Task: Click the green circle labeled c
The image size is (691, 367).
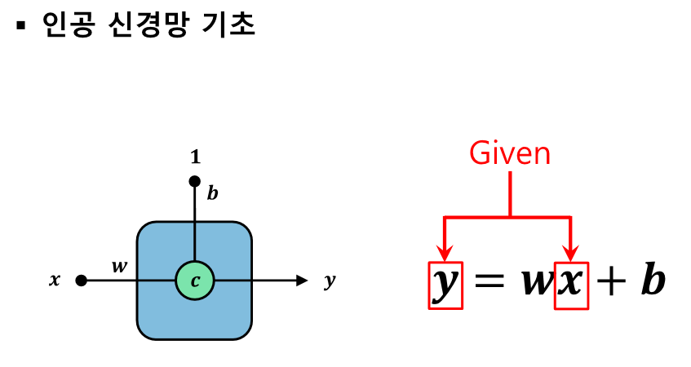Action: (x=194, y=281)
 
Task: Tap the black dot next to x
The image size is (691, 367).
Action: (x=81, y=281)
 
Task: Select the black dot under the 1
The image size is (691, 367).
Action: (x=194, y=181)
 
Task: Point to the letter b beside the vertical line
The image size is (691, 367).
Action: (x=212, y=193)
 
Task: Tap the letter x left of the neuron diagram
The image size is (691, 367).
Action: (x=55, y=281)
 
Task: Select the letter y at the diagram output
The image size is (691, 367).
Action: (x=330, y=281)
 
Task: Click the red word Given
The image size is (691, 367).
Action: (x=510, y=153)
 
